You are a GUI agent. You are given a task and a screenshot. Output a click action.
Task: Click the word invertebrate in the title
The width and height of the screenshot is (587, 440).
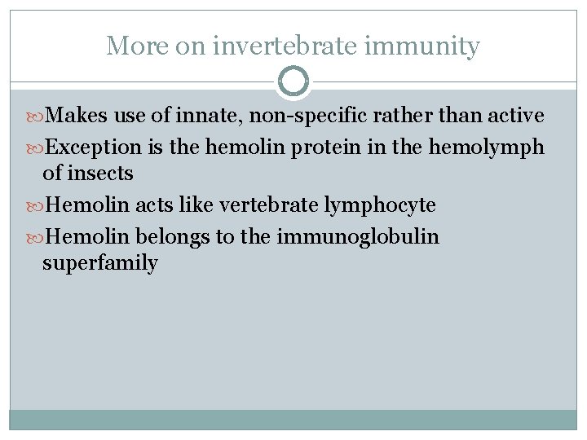pos(284,46)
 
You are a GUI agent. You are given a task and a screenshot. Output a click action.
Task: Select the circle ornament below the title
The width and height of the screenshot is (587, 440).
pos(293,81)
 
